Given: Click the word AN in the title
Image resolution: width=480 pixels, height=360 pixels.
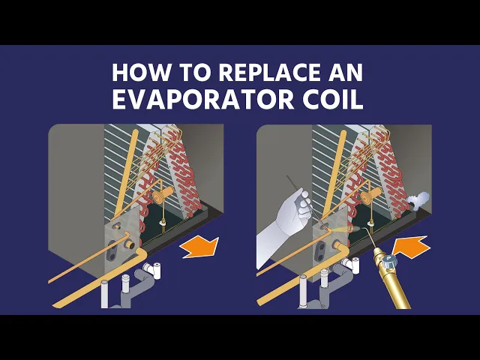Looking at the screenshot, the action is click(x=346, y=73).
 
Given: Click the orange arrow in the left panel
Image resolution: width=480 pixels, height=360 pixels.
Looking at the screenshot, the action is click(x=200, y=247).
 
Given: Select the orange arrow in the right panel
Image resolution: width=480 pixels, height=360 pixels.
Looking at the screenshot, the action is click(x=410, y=246).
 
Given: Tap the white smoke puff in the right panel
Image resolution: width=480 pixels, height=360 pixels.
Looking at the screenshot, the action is click(x=418, y=200).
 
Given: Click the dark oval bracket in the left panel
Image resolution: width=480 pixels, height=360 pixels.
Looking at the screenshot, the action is click(x=112, y=250).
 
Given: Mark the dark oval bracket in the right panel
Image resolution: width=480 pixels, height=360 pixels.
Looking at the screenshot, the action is click(x=320, y=251).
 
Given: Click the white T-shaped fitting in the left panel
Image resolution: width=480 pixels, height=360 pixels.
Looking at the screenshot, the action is click(x=153, y=270).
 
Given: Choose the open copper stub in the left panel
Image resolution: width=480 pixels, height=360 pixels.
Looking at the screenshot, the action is click(x=130, y=244).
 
